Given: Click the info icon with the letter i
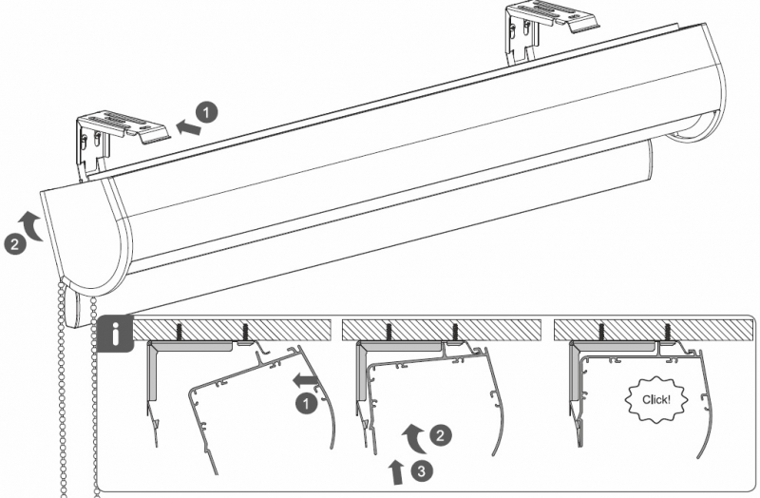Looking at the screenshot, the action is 115,333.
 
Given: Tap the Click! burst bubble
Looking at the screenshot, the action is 656,399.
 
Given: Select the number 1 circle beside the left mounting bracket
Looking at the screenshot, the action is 207,113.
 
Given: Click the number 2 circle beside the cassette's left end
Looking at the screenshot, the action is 14,243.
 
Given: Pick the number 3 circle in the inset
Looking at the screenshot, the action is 422,470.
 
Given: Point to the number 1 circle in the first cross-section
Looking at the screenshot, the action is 306,404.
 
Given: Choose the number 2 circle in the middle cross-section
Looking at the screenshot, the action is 440,435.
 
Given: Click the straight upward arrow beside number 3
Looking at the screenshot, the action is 397,471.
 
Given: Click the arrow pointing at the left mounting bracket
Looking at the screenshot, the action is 188,127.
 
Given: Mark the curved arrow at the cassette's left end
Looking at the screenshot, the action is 30,225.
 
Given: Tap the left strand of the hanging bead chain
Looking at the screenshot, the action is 63,388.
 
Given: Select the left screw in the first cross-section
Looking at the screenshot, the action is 179,332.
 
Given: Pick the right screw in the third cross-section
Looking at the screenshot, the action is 668,332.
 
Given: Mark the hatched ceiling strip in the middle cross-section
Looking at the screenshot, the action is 442,330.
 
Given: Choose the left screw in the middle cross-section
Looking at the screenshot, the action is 389,332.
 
